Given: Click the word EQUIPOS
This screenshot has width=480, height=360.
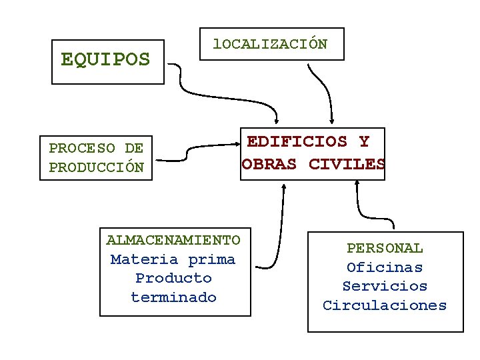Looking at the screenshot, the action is click(x=105, y=60).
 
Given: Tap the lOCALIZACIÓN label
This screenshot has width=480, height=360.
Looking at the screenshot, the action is click(x=270, y=44).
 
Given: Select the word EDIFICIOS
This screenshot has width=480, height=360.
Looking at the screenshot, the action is click(x=297, y=141).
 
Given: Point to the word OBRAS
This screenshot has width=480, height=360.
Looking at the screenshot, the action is click(x=269, y=164).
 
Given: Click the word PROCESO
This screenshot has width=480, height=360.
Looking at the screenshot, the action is click(x=82, y=148).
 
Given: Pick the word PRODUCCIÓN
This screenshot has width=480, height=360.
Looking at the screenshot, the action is click(x=96, y=167).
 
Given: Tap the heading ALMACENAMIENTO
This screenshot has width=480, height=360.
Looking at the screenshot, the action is click(x=173, y=240).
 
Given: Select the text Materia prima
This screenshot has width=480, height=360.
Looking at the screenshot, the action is click(x=173, y=259).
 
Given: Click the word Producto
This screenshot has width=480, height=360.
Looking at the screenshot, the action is click(x=173, y=278).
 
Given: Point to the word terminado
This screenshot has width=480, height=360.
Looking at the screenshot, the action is click(x=173, y=297).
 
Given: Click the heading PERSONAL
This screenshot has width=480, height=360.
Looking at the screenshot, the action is click(x=385, y=248).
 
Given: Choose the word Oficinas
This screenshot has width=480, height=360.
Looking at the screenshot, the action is click(x=385, y=267).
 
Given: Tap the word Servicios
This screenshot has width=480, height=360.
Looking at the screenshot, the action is click(x=385, y=286).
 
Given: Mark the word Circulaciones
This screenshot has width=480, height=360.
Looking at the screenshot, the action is click(x=385, y=305).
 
